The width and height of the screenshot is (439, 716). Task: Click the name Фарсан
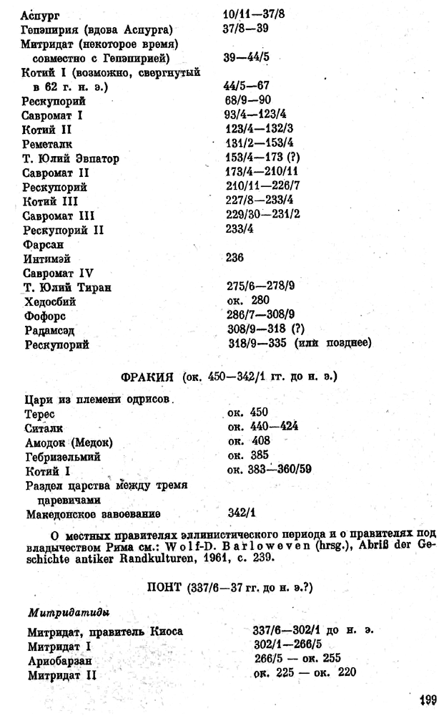(41, 243)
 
